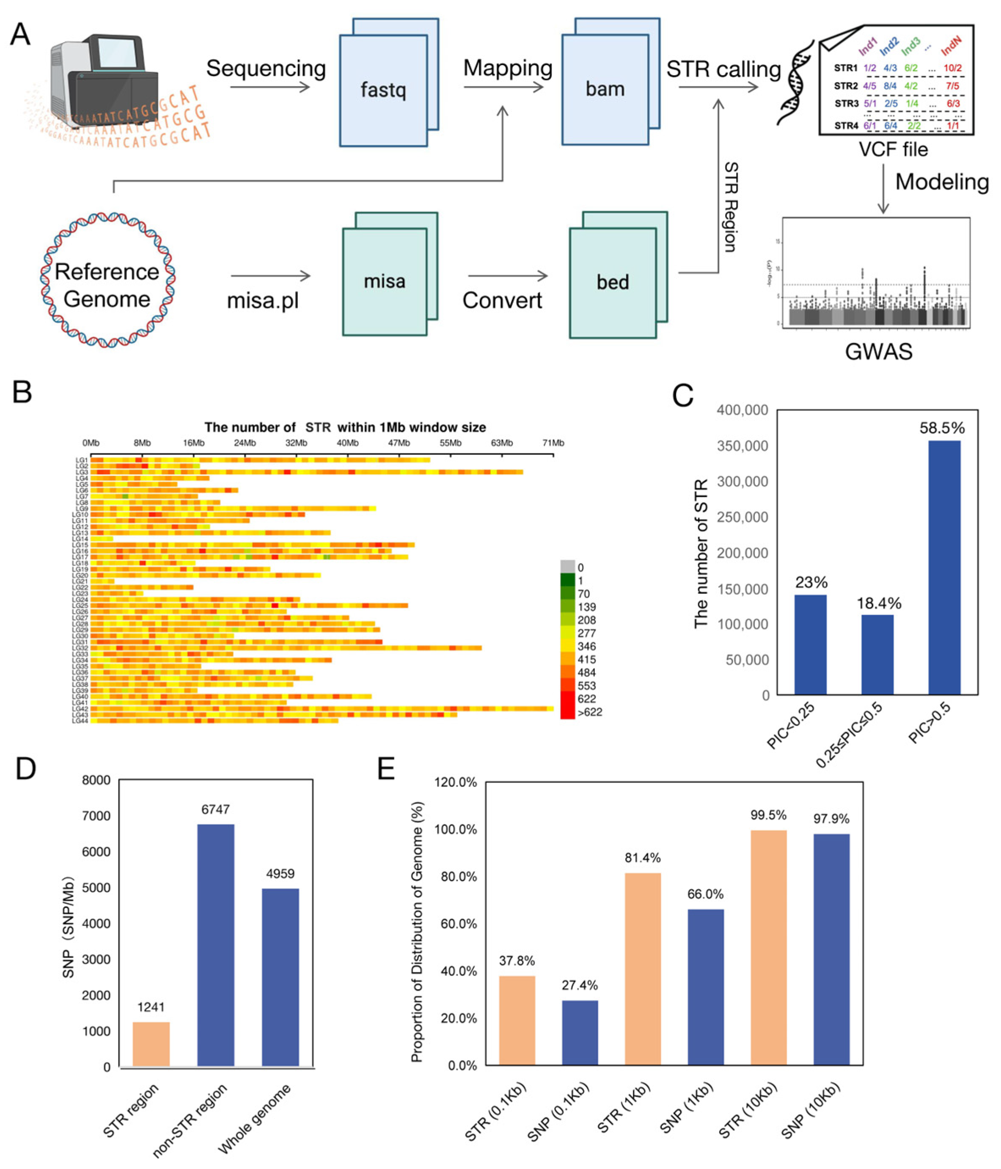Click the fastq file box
383,90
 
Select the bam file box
605,89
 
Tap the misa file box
384,281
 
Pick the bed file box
613,282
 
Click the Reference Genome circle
107,281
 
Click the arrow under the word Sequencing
270,87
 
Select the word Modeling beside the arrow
942,182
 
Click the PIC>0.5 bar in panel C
944,567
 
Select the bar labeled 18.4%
877,655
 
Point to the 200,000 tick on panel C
742,553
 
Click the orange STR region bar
151,1044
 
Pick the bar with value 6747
215,945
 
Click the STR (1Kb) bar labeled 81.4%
643,969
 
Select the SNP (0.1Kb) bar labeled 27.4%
580,1032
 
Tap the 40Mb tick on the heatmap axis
348,443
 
